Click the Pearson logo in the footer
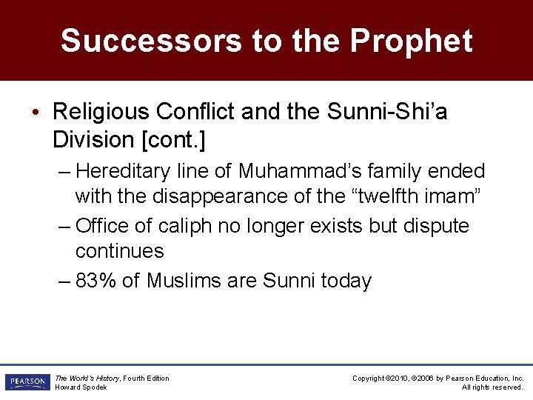pos(26,382)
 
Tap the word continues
pos(119,251)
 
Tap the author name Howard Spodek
pos(81,387)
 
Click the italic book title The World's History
pos(87,379)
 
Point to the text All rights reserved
pos(492,387)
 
